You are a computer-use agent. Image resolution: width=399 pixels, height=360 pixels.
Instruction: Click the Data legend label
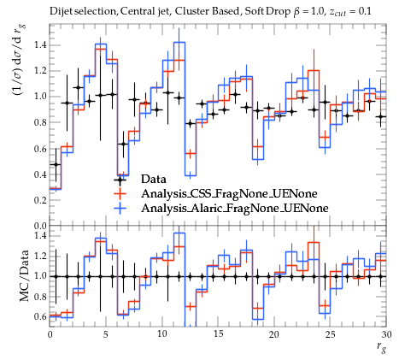pos(153,179)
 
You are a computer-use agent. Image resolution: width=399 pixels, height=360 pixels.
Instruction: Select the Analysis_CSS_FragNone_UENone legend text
pos(229,194)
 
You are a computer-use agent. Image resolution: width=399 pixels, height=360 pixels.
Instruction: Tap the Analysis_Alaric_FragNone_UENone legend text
pos(235,208)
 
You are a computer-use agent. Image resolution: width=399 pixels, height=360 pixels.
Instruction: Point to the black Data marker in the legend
pos(120,180)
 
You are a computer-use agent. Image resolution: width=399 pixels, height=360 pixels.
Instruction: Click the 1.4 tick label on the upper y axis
pos(40,44)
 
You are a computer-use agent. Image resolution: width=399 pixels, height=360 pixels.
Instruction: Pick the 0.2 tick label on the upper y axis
pos(40,200)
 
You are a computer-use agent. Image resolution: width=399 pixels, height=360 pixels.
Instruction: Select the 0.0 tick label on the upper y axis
pos(40,226)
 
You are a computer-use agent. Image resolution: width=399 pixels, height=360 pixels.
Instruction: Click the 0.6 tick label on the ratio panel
pos(40,316)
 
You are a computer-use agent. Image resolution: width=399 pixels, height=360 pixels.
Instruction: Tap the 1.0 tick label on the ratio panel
pos(40,276)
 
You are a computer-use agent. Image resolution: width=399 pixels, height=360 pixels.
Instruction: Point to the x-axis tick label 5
pos(106,334)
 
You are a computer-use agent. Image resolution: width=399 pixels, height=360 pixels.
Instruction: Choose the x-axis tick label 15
pos(218,334)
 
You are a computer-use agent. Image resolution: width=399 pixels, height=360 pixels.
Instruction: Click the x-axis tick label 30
pos(386,334)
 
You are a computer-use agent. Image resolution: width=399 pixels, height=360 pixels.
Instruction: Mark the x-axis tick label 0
pos(50,334)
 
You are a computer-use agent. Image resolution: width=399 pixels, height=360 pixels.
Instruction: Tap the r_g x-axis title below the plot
pos(381,347)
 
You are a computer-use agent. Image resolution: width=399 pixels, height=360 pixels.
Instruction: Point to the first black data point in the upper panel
pos(56,164)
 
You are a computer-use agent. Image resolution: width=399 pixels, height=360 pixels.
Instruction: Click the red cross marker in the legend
pos(120,194)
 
